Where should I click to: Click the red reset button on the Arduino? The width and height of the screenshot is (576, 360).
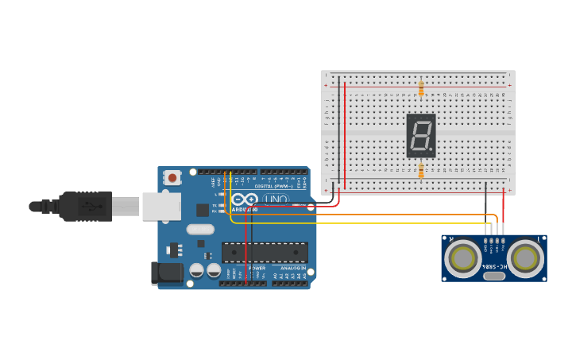[x=172, y=178]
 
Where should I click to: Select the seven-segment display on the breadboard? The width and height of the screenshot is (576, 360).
[x=420, y=135]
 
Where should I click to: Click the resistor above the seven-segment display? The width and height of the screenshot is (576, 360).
[x=420, y=87]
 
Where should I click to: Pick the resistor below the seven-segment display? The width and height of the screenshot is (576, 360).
[x=420, y=170]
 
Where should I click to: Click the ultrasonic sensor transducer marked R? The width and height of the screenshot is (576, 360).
[x=462, y=257]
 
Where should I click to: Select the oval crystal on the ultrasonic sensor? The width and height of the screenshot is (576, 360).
[x=494, y=276]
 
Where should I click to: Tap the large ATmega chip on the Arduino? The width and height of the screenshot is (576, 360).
[x=265, y=252]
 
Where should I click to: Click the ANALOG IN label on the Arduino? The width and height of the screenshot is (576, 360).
[x=291, y=269]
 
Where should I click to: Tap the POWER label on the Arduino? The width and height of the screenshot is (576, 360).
[x=257, y=269]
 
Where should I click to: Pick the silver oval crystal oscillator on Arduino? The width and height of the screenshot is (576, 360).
[x=201, y=230]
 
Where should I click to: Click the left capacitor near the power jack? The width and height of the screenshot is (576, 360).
[x=197, y=270]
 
